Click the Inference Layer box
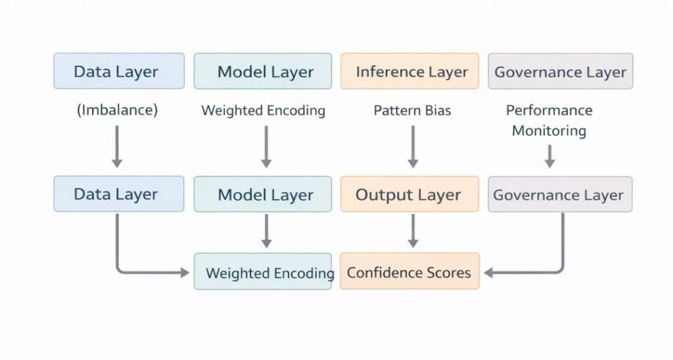(x=409, y=72)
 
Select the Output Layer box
(x=409, y=194)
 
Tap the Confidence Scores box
(x=409, y=271)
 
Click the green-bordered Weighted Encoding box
(x=263, y=271)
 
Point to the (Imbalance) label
(x=118, y=110)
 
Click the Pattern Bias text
(x=412, y=110)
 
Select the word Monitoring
(x=549, y=131)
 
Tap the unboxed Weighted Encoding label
(x=263, y=110)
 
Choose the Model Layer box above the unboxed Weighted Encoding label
(x=263, y=72)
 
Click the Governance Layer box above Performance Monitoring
(x=560, y=72)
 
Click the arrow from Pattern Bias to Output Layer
(x=413, y=146)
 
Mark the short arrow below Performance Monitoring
(x=549, y=156)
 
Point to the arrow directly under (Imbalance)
(x=117, y=146)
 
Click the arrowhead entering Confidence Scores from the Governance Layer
(x=489, y=271)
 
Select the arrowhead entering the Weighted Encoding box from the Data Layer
(x=185, y=271)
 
